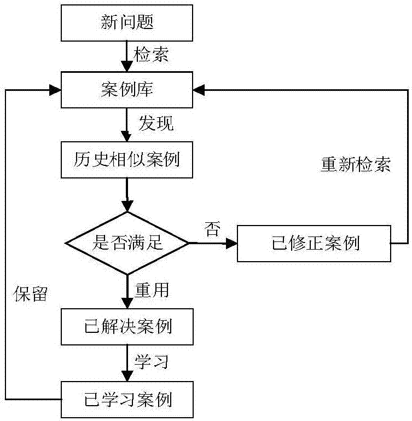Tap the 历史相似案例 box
(127, 160)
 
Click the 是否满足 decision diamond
(127, 243)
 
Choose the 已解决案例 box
(127, 327)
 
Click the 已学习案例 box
(127, 399)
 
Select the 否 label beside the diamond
(212, 228)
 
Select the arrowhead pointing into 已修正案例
(231, 243)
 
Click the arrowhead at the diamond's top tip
(127, 207)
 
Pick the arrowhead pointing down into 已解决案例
(127, 304)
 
